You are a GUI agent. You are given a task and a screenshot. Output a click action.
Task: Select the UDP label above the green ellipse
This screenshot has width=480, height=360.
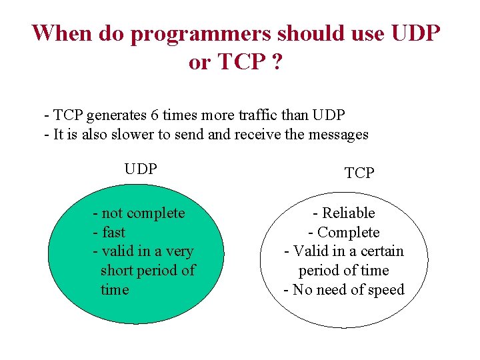141,169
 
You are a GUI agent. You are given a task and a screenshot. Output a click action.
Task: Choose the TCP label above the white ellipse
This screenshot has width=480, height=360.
359,173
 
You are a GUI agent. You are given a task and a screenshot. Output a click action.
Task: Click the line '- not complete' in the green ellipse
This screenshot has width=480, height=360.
139,213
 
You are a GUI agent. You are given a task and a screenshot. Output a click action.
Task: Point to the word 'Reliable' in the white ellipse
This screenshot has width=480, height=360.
349,213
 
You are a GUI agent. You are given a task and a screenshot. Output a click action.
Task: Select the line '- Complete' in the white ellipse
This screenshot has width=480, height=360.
343,233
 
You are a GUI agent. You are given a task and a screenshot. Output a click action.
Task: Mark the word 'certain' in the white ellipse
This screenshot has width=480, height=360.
381,251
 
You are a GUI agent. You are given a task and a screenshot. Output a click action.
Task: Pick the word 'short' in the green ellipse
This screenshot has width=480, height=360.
118,271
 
